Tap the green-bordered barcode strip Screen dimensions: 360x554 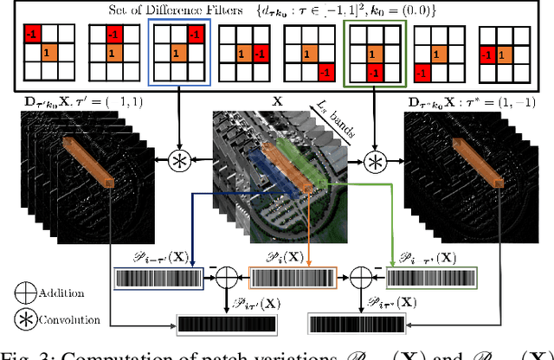[x=430, y=279]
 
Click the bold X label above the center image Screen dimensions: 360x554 [x=278, y=101]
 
